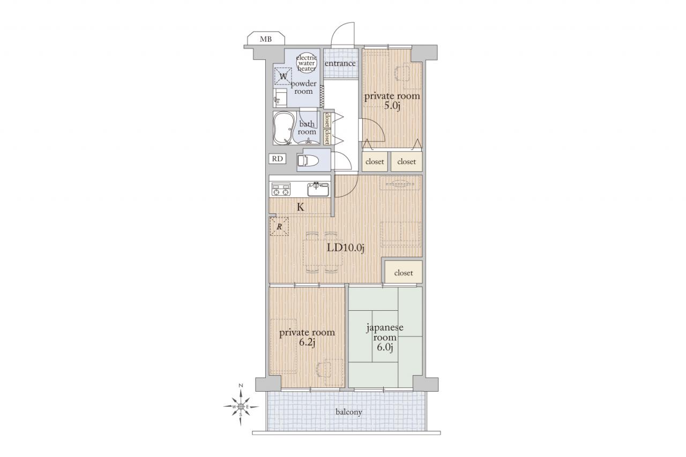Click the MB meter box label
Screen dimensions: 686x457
[x=265, y=39]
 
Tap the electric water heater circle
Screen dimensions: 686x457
[x=306, y=63]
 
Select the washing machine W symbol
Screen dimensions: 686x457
[x=283, y=76]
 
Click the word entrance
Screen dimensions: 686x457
[x=340, y=63]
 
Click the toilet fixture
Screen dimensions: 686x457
[x=308, y=160]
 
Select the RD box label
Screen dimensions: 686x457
[x=278, y=159]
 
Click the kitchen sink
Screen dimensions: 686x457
[x=318, y=190]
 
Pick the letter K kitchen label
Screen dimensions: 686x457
[x=301, y=207]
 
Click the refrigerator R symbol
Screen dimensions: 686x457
[x=279, y=227]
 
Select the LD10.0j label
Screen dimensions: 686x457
[x=346, y=248]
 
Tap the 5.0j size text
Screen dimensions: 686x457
[x=392, y=106]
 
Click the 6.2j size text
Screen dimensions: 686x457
[x=307, y=342]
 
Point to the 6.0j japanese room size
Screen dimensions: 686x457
[x=385, y=347]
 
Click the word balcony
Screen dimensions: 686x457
[x=349, y=412]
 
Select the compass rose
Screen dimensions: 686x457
[x=241, y=407]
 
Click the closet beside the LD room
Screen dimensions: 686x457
[x=404, y=272]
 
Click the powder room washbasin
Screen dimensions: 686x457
[x=280, y=97]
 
